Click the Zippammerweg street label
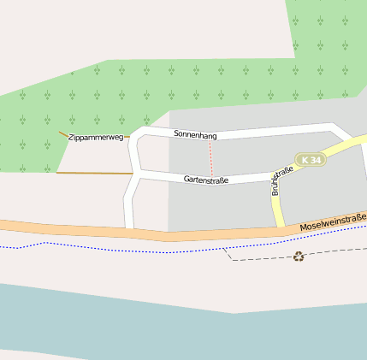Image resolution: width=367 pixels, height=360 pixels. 96,137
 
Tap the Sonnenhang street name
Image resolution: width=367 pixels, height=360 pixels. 195,135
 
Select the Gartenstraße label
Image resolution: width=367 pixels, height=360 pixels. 205,180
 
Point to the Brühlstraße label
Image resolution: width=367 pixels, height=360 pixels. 281,180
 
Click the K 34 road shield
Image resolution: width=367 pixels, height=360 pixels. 311,160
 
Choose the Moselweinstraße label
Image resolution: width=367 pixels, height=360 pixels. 333,222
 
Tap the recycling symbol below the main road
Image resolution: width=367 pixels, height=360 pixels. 299,256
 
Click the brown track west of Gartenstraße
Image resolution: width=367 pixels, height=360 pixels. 94,174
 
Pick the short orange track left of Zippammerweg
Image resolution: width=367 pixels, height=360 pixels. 62,134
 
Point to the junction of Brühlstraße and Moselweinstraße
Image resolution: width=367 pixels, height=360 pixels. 281,227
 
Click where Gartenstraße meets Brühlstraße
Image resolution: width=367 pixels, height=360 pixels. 270,177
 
